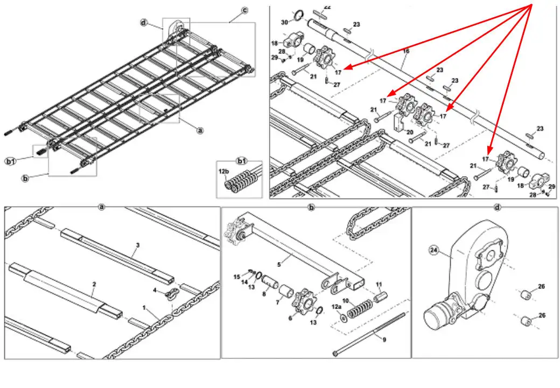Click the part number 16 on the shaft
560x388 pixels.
(406, 51)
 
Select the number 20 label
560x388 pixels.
(411, 131)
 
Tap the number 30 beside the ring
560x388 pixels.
(284, 22)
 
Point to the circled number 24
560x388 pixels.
(433, 249)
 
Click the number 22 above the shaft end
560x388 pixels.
(327, 7)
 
